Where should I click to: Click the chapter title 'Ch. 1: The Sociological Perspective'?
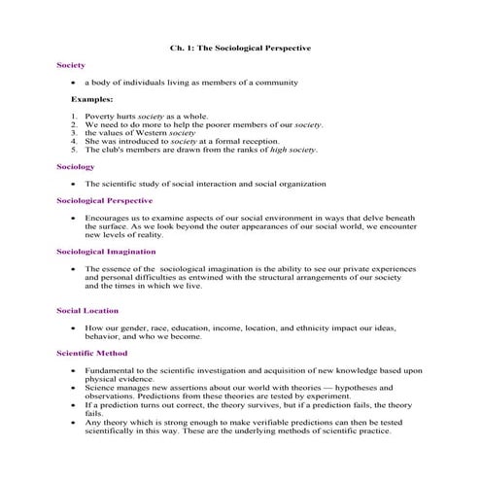tap(240, 47)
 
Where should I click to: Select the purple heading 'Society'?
tap(70, 65)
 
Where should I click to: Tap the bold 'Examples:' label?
tap(91, 99)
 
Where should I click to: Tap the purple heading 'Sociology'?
tap(75, 167)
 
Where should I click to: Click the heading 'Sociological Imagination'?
tap(108, 251)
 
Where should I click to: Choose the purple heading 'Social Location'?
tap(87, 311)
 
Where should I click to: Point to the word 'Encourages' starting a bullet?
tap(109, 218)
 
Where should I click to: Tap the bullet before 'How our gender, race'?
tap(75, 328)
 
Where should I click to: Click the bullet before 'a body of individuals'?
tap(75, 83)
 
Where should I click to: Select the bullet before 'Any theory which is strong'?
tap(75, 422)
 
